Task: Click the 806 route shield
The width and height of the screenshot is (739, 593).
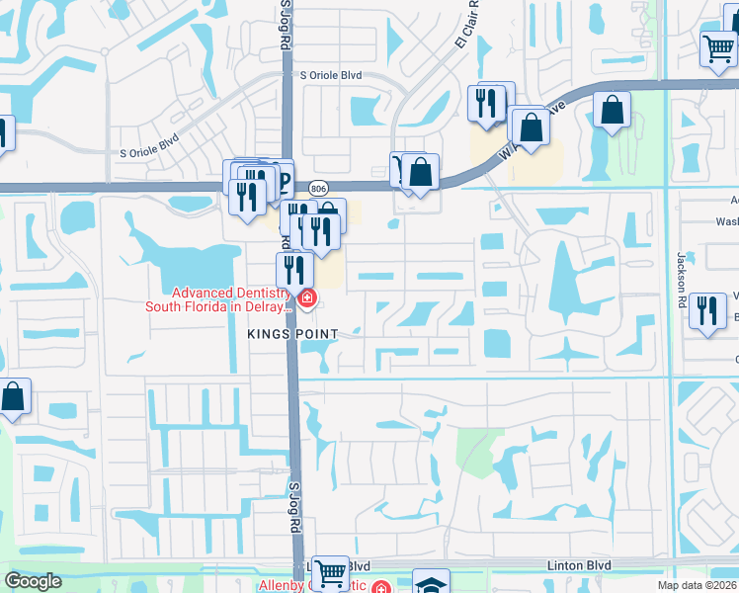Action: tap(317, 188)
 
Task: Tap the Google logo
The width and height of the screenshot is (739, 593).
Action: tap(33, 581)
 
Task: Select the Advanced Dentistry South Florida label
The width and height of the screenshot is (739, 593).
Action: tap(218, 299)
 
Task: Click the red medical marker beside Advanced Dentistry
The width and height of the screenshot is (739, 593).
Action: tap(307, 297)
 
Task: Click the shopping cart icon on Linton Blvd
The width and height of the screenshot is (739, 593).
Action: tap(330, 572)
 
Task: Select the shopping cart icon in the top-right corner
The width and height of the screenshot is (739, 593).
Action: tap(718, 47)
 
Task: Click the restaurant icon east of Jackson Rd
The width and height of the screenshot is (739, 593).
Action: tap(707, 310)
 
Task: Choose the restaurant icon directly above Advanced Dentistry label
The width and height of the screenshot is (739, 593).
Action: tap(294, 268)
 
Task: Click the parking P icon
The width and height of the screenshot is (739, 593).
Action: tap(284, 181)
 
